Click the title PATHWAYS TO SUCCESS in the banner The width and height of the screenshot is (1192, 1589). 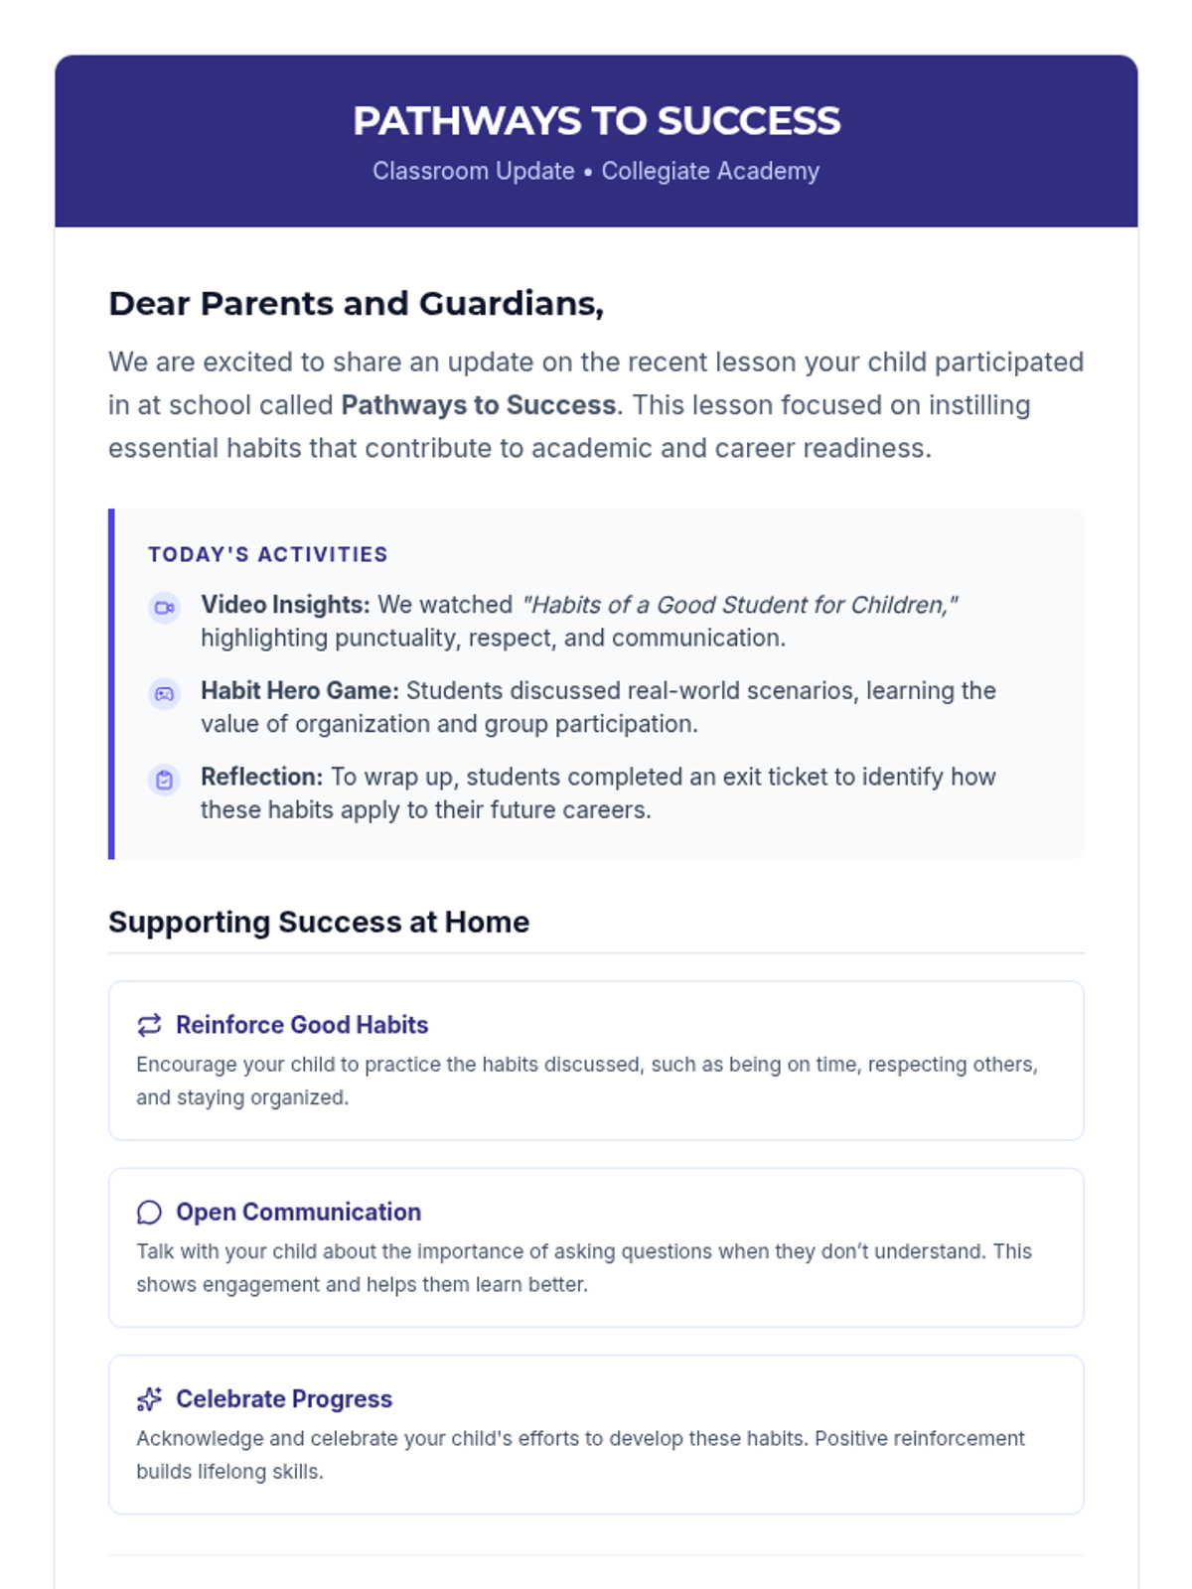pyautogui.click(x=596, y=121)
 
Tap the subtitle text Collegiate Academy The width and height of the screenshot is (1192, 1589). pyautogui.click(x=710, y=171)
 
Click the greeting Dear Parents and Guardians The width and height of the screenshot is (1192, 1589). pyautogui.click(x=356, y=303)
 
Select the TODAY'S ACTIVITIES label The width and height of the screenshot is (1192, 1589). pyautogui.click(x=268, y=554)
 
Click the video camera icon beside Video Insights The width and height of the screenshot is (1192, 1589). pyautogui.click(x=164, y=607)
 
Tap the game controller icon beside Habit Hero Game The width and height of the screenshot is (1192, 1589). pyautogui.click(x=164, y=693)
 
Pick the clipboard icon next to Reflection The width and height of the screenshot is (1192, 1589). pyautogui.click(x=164, y=780)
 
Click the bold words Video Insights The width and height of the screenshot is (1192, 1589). pyautogui.click(x=285, y=605)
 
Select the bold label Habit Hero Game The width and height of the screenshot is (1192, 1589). pyautogui.click(x=299, y=690)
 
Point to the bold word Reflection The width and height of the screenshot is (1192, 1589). pyautogui.click(x=261, y=777)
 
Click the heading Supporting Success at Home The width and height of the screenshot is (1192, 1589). pyautogui.click(x=319, y=922)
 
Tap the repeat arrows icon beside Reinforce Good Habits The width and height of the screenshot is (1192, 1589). pyautogui.click(x=149, y=1025)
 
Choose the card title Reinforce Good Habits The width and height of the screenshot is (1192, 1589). pyautogui.click(x=302, y=1025)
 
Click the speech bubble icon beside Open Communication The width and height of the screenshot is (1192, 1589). pyautogui.click(x=149, y=1212)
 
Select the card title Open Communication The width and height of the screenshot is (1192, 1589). pyautogui.click(x=298, y=1212)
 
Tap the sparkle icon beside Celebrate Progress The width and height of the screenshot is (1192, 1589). pyautogui.click(x=149, y=1398)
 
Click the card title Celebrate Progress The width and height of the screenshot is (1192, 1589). pyautogui.click(x=284, y=1398)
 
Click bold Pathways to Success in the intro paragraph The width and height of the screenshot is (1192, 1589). pyautogui.click(x=479, y=405)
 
